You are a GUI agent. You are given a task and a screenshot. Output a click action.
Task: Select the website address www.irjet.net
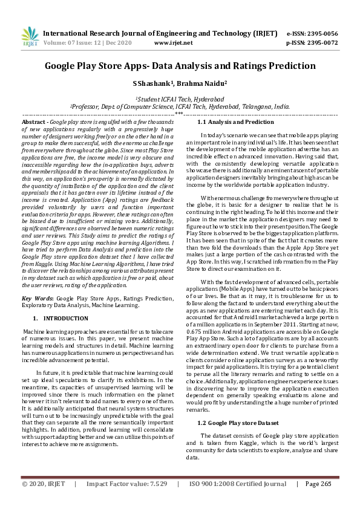click(174, 43)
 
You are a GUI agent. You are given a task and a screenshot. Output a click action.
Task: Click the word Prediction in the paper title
click(290, 65)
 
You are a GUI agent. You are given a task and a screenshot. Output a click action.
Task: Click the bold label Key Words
click(38, 298)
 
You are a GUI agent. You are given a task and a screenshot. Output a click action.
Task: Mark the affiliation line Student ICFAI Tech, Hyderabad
click(180, 98)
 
